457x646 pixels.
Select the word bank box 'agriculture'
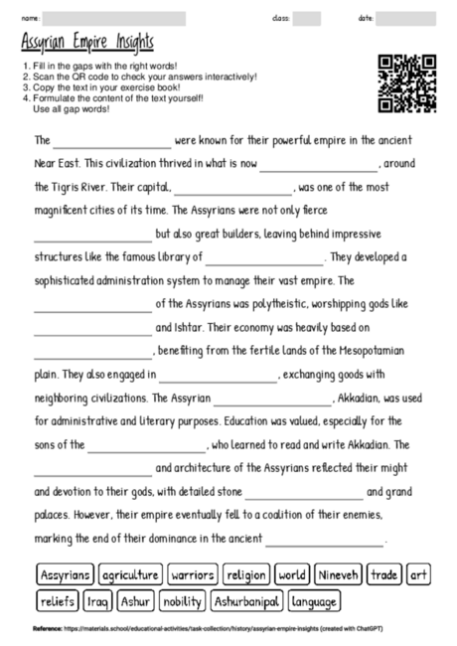coord(130,574)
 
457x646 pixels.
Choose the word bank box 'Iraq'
coord(97,600)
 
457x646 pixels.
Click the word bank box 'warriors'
coord(193,574)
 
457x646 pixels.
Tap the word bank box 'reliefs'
coord(58,600)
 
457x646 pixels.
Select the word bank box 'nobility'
coord(182,600)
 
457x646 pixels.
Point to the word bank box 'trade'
coord(384,574)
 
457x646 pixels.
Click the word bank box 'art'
coord(418,574)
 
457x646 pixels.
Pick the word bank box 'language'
coord(315,600)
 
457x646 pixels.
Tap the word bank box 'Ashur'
coord(134,600)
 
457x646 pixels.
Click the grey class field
coord(307,18)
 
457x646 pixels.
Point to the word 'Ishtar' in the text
coord(187,326)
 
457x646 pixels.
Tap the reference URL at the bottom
coord(199,629)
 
